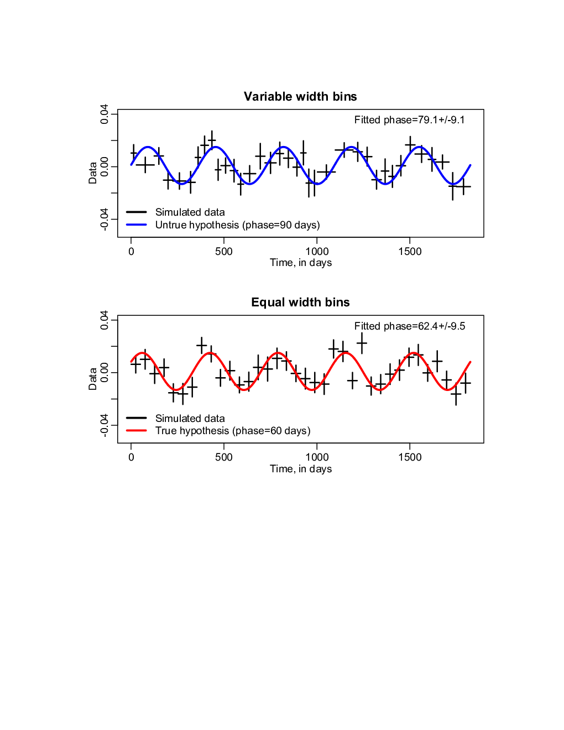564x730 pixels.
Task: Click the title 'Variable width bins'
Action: click(x=300, y=96)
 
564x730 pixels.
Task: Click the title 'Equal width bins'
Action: click(x=300, y=303)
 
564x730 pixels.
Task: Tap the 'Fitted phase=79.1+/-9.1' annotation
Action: click(x=410, y=120)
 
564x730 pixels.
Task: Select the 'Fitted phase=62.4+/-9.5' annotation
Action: click(x=410, y=326)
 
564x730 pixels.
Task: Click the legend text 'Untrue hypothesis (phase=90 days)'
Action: click(x=238, y=225)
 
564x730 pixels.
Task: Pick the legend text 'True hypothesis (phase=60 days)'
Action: click(x=233, y=431)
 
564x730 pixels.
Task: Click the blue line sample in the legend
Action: click(x=137, y=225)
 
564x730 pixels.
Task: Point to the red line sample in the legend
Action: click(x=137, y=430)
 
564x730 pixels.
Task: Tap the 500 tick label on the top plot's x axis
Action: click(x=224, y=251)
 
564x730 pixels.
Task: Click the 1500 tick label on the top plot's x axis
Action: click(x=410, y=251)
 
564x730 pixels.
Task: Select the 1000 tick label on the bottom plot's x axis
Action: click(x=317, y=457)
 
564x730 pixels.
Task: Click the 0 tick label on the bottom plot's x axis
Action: click(x=131, y=457)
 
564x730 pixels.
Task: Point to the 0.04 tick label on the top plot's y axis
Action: click(x=104, y=114)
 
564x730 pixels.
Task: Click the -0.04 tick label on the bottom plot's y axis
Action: click(x=104, y=425)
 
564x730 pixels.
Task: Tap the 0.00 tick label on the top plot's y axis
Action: click(x=104, y=166)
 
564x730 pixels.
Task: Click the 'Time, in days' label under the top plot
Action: click(x=301, y=263)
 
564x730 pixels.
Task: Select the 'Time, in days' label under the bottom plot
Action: click(x=301, y=468)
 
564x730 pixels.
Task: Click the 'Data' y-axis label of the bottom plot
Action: click(x=92, y=379)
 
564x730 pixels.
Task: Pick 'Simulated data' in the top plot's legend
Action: click(x=190, y=212)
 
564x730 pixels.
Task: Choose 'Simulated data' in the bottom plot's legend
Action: click(x=190, y=418)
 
